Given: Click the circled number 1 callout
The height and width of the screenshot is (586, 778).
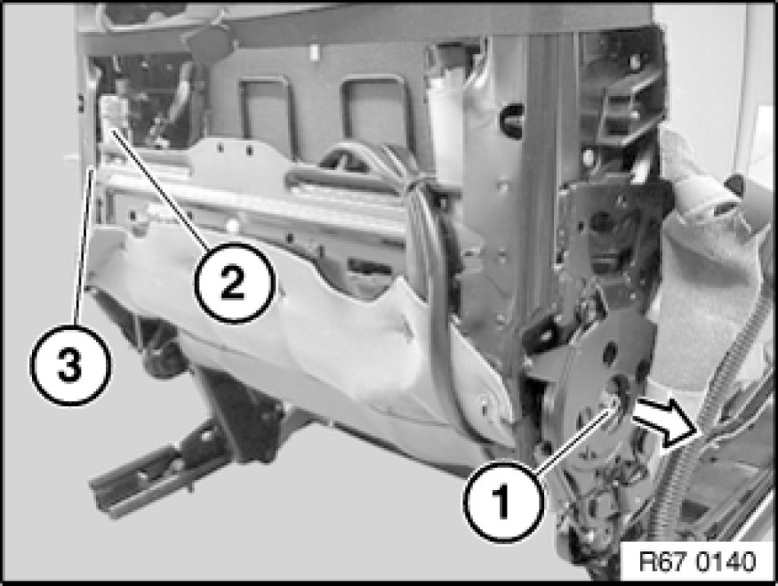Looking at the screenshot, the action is [502, 500].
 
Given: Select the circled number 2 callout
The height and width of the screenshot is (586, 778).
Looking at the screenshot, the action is [234, 283].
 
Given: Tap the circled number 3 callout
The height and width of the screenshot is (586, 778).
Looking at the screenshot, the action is [71, 365].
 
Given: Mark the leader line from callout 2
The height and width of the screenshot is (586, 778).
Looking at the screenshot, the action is [159, 189].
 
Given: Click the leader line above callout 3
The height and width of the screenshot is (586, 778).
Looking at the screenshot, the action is [83, 246].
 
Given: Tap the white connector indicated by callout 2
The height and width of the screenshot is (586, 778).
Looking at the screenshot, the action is [114, 113].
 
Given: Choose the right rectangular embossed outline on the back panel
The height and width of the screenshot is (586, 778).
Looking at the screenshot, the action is [378, 115].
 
